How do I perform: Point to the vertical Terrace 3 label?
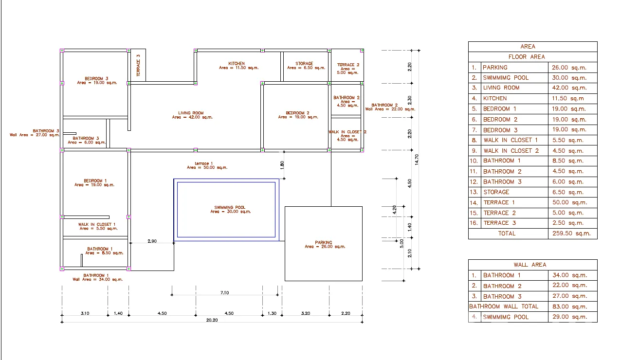pos(138,66)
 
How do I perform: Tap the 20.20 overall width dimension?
pos(212,320)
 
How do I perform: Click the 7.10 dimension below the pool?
pos(224,293)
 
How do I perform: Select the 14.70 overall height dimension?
pos(417,160)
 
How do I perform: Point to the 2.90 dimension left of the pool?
pos(152,241)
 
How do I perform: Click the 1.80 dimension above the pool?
pos(282,165)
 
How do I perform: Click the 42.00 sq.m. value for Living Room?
pos(569,88)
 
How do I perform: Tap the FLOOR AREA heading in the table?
pos(527,57)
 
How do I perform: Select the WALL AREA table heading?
pos(530,265)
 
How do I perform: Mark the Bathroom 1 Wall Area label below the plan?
pos(97,277)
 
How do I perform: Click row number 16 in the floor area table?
pos(474,223)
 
